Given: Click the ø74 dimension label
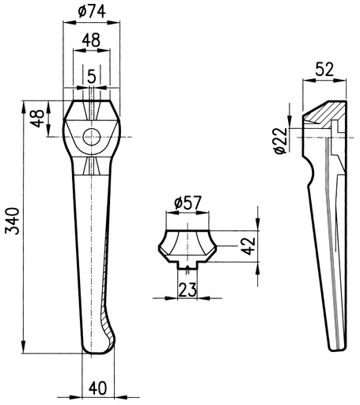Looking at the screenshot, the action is point(92,12).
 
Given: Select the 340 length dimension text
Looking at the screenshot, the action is point(13,221).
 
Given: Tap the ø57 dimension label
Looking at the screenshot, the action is point(188,202).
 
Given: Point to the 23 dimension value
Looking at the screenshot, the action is point(188,290).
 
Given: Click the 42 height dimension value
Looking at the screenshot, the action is point(248,246).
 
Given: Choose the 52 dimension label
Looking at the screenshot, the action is point(324,70).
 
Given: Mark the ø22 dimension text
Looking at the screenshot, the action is point(280,140).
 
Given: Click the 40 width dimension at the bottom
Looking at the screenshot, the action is point(98,388).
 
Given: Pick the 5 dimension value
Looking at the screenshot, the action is point(91,77).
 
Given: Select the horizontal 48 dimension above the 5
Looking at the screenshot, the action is point(91,40).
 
